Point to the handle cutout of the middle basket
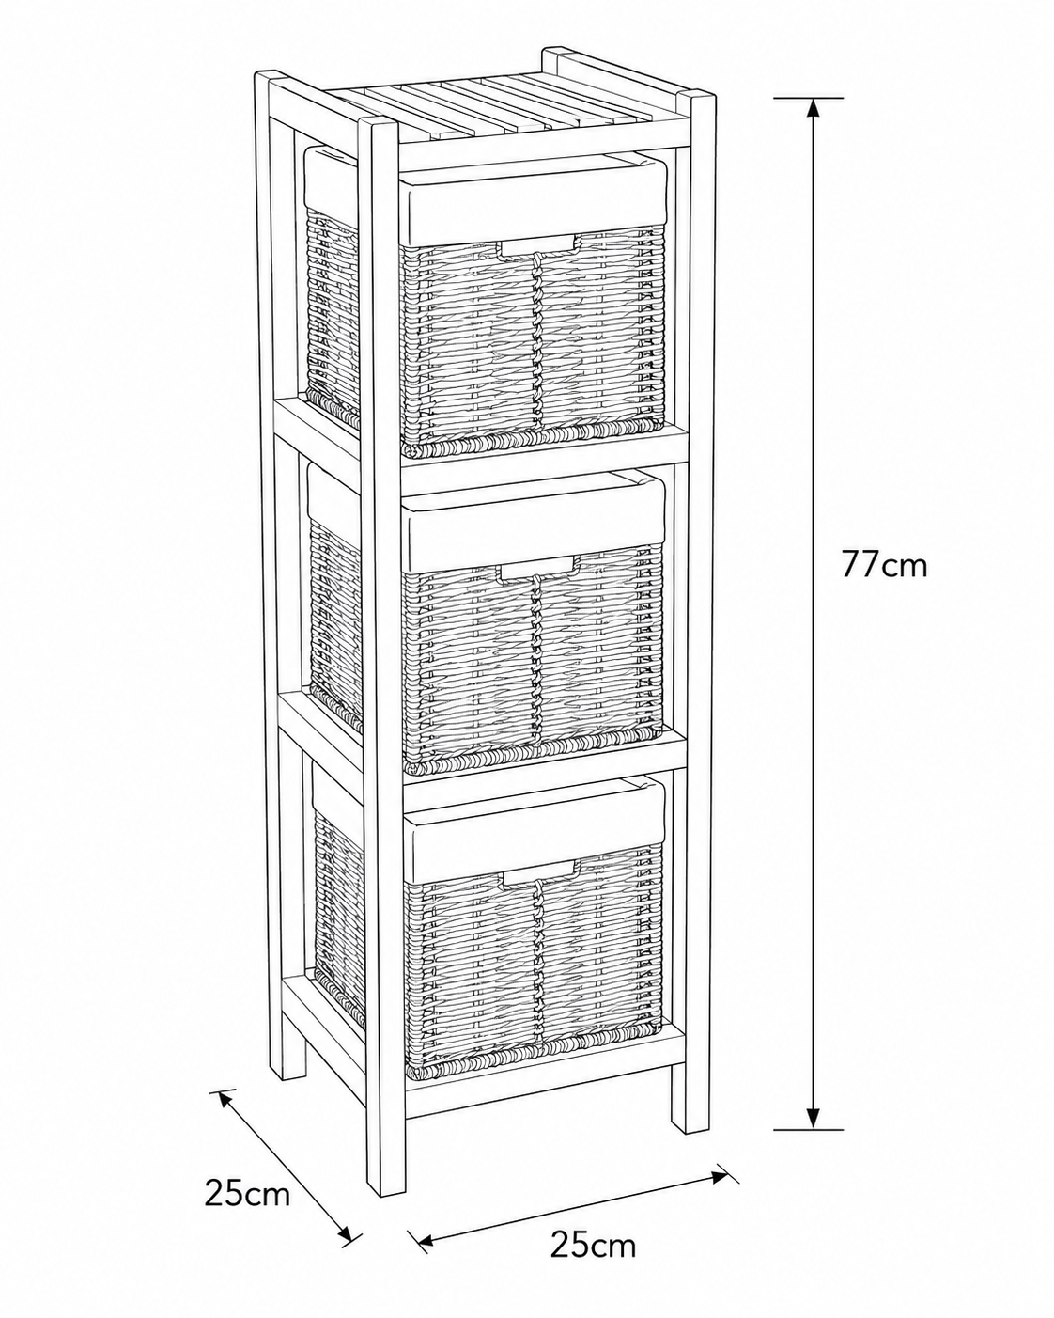(x=538, y=570)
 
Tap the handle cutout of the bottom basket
(x=538, y=872)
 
